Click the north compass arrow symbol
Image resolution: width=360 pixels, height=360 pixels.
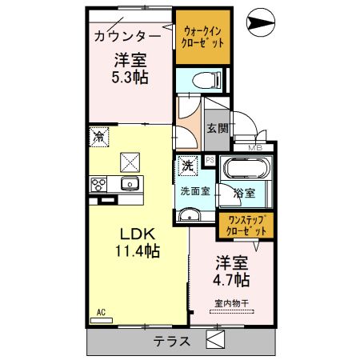[x=261, y=22]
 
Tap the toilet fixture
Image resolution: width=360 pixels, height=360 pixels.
[x=207, y=80]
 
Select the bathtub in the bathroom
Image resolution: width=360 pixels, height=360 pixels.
[x=246, y=169]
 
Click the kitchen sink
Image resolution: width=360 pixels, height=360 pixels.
[x=130, y=183]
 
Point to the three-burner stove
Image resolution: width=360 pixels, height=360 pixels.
[x=98, y=185]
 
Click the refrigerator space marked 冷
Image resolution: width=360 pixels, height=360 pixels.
[x=99, y=137]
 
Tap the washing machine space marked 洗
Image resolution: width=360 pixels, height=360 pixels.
[x=188, y=166]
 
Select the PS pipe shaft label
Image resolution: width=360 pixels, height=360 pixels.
[x=210, y=160]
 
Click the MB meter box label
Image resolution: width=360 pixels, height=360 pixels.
[x=255, y=147]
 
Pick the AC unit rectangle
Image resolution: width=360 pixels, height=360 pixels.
[x=102, y=321]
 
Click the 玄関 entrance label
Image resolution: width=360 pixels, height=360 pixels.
[x=218, y=129]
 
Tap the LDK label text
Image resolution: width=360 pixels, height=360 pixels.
[x=138, y=234]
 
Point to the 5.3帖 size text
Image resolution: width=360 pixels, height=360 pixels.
[x=130, y=78]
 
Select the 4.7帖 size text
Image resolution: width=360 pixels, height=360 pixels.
[x=231, y=280]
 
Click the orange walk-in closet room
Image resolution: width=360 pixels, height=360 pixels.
[x=203, y=37]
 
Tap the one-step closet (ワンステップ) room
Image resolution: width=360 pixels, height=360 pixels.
[x=246, y=226]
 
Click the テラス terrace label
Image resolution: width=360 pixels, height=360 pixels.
[x=172, y=342]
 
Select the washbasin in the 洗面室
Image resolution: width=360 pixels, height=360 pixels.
[x=189, y=214]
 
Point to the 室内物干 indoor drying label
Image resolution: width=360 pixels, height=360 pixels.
[x=232, y=303]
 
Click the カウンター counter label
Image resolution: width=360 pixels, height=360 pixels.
[x=127, y=36]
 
